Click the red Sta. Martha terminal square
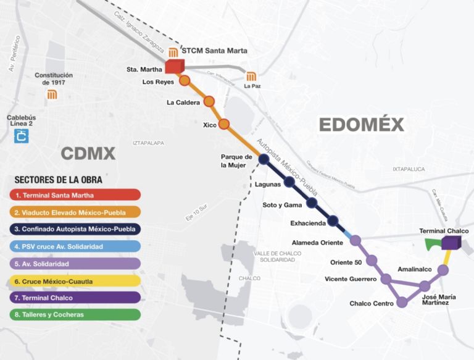pos(175,66)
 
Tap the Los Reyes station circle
pos(185,81)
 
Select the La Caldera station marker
pos(209,101)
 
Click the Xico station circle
pos(224,123)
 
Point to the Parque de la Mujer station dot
pos(264,159)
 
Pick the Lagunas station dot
pos(289,182)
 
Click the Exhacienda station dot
pos(333,220)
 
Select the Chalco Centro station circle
pos(402,302)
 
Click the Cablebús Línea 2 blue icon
pos(22,135)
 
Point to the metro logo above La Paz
pos(251,77)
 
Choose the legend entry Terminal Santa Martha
pos(75,195)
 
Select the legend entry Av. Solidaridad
pos(75,264)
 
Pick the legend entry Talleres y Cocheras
pos(75,315)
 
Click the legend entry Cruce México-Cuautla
pos(75,281)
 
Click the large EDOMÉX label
pos(361,125)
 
